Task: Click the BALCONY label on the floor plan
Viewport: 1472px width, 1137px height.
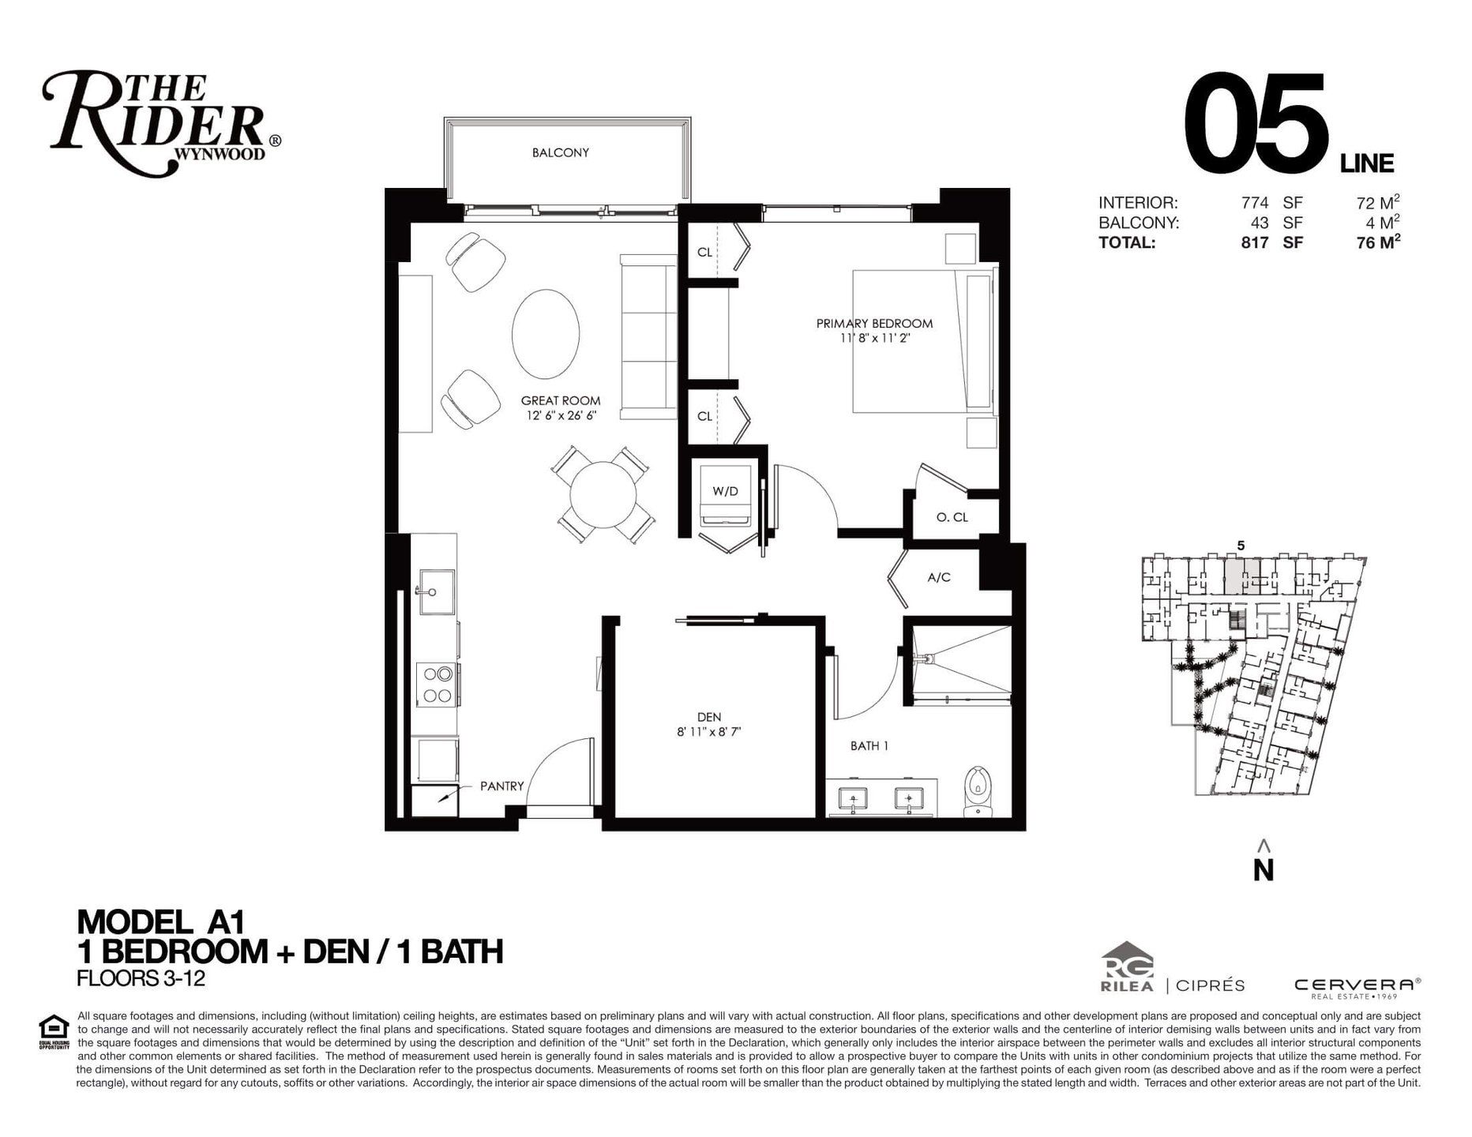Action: [560, 152]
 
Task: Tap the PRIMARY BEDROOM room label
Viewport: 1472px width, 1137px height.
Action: [874, 323]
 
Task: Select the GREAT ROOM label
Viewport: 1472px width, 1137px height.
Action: [560, 400]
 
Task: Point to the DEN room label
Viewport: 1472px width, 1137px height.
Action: [708, 717]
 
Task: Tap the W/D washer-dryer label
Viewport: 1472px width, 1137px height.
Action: [725, 491]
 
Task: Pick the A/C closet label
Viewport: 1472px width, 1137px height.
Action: [939, 577]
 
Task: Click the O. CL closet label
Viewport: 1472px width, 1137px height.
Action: [952, 517]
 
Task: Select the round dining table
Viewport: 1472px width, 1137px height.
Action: [603, 495]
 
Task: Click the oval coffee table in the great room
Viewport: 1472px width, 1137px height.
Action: [546, 334]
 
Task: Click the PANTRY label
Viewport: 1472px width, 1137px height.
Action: [501, 786]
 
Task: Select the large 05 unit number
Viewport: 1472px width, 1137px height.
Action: [1255, 124]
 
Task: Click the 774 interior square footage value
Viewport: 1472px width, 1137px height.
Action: [1255, 202]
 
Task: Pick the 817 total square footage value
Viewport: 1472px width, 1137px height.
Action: [1255, 242]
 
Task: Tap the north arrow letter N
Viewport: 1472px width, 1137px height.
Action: [1264, 869]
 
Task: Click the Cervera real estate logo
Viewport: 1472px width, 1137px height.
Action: [1357, 987]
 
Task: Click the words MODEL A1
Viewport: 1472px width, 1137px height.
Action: [161, 921]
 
